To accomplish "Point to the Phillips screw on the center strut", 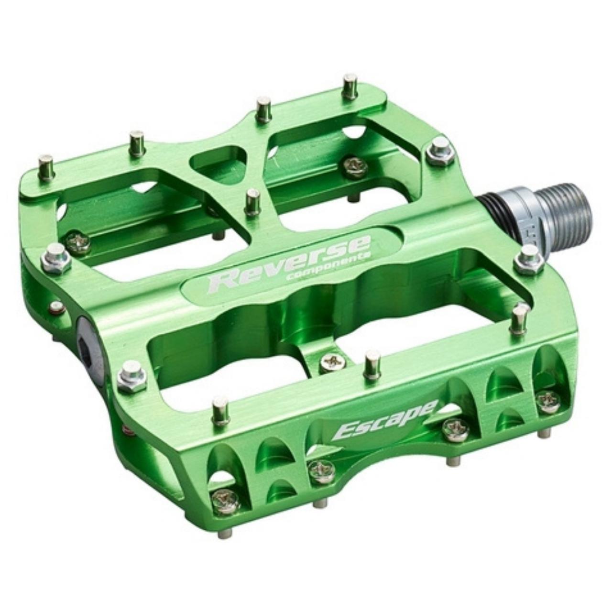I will (x=331, y=362).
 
